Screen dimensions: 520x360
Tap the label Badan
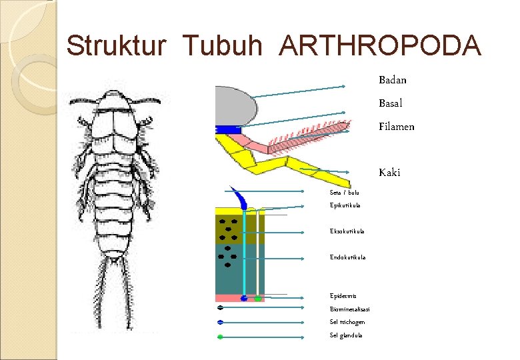[393, 80]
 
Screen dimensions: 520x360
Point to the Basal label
[391, 103]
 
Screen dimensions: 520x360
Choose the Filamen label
[397, 127]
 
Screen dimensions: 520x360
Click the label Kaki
[389, 173]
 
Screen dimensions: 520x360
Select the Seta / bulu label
[345, 193]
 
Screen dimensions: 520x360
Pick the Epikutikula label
[345, 205]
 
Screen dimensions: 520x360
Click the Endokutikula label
[347, 257]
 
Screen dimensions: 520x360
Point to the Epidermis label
[343, 295]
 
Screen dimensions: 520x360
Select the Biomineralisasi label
[350, 309]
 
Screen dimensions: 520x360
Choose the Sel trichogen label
[347, 322]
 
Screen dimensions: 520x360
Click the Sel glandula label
[346, 335]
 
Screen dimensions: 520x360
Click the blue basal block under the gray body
[227, 129]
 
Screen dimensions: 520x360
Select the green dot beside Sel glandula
[220, 337]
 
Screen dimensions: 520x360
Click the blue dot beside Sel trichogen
[220, 323]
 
